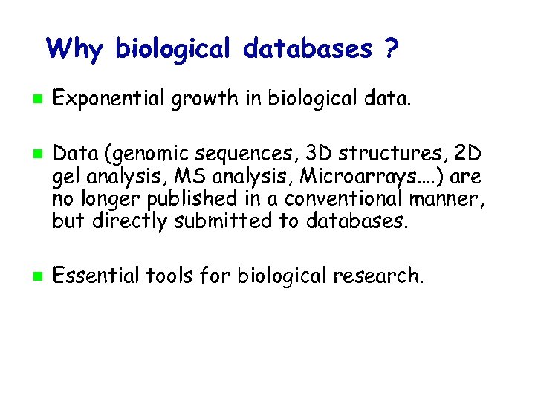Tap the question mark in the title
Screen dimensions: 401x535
click(389, 49)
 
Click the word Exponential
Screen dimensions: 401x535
click(110, 98)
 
